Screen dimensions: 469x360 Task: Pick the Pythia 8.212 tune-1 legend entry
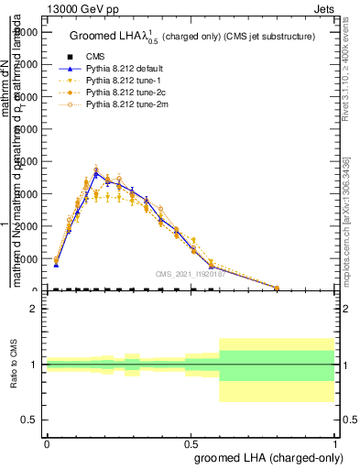(117, 82)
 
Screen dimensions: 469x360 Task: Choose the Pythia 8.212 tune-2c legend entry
(119, 93)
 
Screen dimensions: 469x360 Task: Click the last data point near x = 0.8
(277, 288)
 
